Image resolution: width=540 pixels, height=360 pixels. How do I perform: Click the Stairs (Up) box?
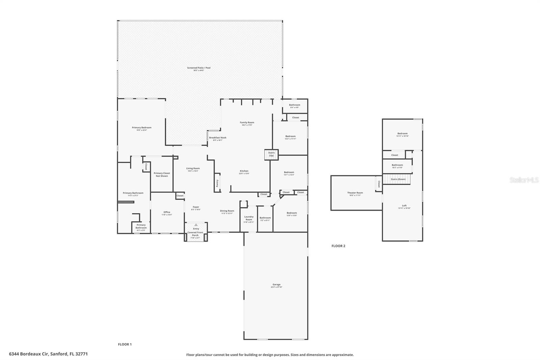coord(271,154)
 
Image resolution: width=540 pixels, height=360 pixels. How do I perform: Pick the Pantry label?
coord(217,183)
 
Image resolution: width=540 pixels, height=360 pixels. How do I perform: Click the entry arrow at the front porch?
coord(196,225)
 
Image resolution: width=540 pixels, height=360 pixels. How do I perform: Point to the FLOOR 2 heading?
coord(338,246)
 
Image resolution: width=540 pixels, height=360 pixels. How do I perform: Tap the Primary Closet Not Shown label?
coord(162,174)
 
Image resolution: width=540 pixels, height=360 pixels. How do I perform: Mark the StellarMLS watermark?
coord(524,180)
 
